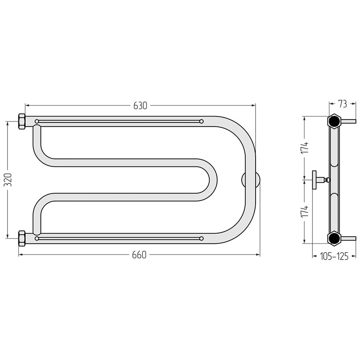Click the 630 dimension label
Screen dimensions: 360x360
140,106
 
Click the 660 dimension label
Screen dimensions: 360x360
139,255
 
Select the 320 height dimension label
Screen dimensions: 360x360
8,180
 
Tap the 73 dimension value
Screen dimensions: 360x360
342,104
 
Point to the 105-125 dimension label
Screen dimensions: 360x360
334,256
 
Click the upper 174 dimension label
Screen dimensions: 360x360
305,148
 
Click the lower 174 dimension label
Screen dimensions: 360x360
305,211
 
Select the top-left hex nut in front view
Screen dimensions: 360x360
22,122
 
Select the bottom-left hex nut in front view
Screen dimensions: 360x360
22,238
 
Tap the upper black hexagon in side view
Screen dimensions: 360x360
334,121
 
